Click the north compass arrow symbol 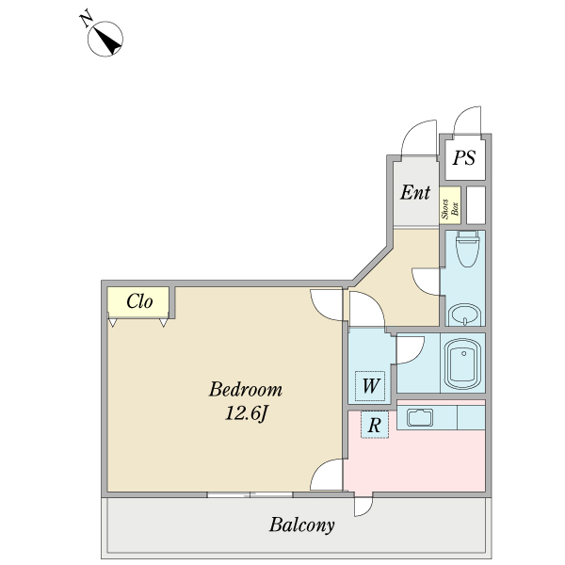(105, 39)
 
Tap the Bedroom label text (246, 390)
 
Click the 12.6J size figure (247, 413)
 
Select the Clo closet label (139, 301)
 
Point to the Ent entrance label (415, 192)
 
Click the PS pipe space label (463, 158)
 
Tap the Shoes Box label (450, 209)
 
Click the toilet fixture (467, 249)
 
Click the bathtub (463, 363)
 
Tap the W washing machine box (370, 386)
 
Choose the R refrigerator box (375, 425)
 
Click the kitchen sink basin (420, 417)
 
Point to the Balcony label (302, 525)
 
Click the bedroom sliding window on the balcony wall (250, 494)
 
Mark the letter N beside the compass (86, 20)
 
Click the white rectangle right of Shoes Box (476, 205)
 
